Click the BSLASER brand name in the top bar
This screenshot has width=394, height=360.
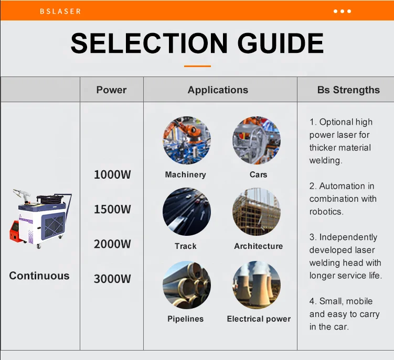coord(60,11)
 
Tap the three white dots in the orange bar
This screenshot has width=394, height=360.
coord(342,11)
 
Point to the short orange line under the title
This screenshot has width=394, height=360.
coord(197,66)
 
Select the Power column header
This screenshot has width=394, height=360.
coord(111,90)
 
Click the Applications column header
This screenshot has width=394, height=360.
coord(218,90)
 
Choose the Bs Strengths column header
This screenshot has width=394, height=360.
coord(348,90)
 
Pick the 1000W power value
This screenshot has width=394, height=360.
coord(112,175)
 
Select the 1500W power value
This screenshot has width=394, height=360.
coord(112,210)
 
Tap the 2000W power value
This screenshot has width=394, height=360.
coord(112,244)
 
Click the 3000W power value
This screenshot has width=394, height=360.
coord(112,279)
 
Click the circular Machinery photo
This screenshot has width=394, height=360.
coord(186,140)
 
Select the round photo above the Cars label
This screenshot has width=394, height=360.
coord(257,140)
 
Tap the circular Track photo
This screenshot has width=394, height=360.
coord(186,212)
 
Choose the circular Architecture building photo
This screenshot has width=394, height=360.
coord(257,212)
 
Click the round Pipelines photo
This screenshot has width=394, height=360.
coord(186,285)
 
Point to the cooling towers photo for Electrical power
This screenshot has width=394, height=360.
coord(257,285)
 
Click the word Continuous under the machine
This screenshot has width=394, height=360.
coord(39,276)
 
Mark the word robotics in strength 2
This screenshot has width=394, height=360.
coord(326,212)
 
